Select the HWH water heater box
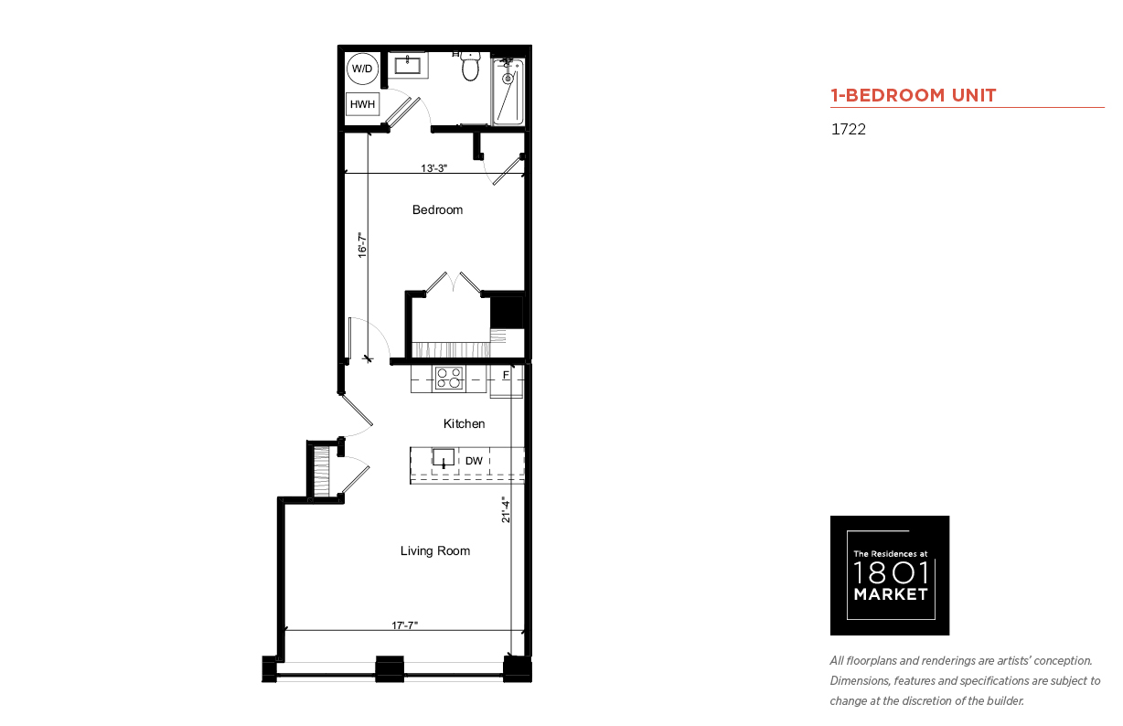click(362, 104)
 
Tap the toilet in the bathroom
click(470, 66)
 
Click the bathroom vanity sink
click(408, 65)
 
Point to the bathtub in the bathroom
click(508, 91)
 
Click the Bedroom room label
click(437, 209)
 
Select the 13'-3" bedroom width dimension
click(433, 168)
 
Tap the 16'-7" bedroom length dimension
click(362, 245)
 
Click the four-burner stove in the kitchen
click(449, 378)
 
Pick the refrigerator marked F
click(507, 381)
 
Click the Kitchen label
click(464, 423)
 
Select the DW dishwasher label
click(474, 461)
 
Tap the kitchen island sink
click(444, 458)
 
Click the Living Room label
click(435, 550)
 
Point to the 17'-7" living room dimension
click(404, 625)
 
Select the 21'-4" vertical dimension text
click(506, 509)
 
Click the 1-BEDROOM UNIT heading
click(913, 95)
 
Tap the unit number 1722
click(849, 129)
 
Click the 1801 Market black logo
click(890, 575)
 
